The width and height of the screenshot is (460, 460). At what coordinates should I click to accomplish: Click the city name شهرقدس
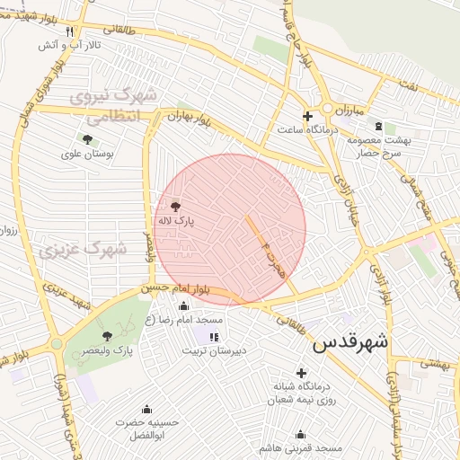351,342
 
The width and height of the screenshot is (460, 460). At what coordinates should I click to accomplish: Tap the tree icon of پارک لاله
174,205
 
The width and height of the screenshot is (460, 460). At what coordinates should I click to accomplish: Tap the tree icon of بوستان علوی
87,139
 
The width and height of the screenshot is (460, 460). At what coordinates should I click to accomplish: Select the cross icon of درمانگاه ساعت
307,116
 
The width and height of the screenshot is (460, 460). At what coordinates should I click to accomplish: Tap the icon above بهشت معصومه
377,127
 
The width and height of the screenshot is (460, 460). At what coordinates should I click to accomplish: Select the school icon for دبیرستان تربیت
213,336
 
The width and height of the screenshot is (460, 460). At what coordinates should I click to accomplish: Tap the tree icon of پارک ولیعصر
108,336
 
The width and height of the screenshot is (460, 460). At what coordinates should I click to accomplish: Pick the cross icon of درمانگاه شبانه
301,372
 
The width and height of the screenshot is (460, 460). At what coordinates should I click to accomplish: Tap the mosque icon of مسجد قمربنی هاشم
300,434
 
